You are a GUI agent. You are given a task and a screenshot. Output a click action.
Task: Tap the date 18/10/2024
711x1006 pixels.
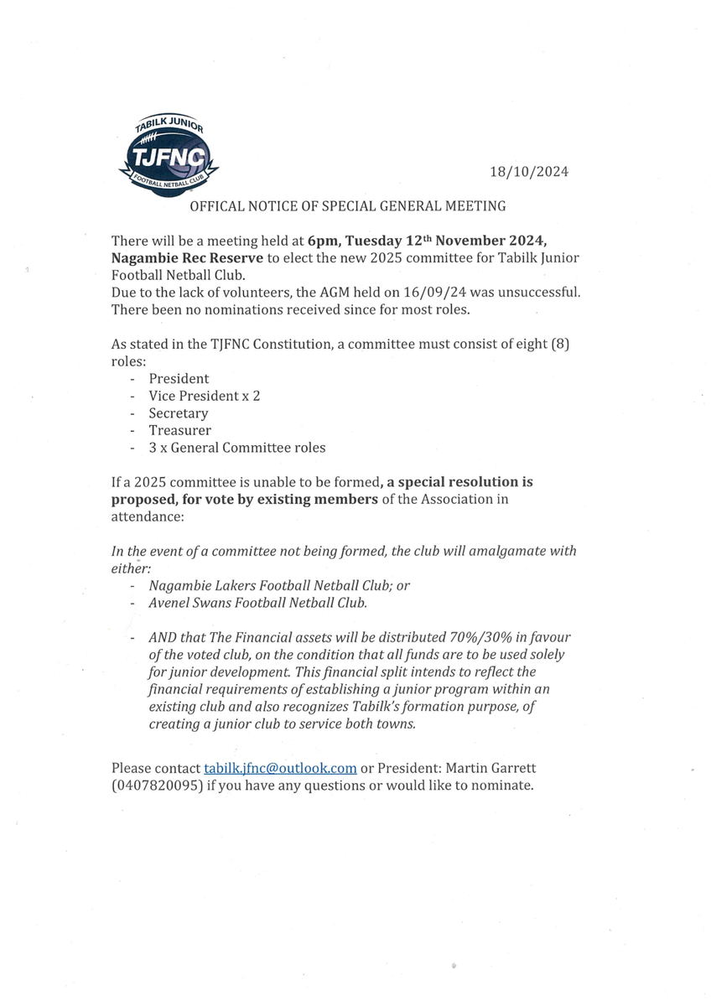(x=529, y=172)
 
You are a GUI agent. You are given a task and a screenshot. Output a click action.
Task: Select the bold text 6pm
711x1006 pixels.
(x=323, y=241)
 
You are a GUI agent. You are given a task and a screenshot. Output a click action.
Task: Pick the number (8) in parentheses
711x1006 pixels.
(x=560, y=344)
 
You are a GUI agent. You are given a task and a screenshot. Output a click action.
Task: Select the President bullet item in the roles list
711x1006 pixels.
(x=179, y=379)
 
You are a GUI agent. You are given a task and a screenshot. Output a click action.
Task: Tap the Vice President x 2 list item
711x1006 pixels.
(x=204, y=396)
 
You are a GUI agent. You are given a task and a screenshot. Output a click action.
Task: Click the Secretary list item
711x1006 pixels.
(x=178, y=413)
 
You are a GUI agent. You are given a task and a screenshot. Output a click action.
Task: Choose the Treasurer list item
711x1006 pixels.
(x=179, y=430)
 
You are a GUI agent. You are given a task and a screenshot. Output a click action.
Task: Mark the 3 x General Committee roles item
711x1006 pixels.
(x=237, y=448)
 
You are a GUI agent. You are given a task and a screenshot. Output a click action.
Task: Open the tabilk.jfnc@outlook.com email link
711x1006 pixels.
(x=280, y=768)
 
